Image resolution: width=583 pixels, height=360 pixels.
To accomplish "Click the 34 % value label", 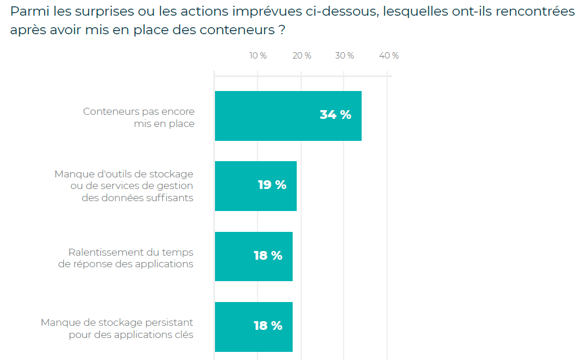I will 336,115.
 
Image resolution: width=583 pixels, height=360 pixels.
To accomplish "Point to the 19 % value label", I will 272,185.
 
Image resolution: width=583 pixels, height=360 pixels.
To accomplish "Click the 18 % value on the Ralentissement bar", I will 268,256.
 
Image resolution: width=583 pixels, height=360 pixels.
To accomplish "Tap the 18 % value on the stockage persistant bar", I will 268,326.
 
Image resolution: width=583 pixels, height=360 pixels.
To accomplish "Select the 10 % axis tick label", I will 258,56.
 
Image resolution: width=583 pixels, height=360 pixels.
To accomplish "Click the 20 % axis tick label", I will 301,56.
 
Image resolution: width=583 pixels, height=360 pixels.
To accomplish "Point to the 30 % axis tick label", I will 344,56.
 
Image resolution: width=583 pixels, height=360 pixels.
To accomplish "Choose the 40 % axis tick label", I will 389,56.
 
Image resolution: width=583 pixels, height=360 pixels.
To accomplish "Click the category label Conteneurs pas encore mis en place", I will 139,117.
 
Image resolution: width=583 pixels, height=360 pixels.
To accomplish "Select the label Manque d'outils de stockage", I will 124,186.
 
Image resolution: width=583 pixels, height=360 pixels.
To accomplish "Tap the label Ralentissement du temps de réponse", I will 126,258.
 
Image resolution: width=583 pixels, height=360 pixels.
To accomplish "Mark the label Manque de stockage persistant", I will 117,328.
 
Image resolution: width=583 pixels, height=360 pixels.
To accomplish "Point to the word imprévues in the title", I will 278,12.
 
